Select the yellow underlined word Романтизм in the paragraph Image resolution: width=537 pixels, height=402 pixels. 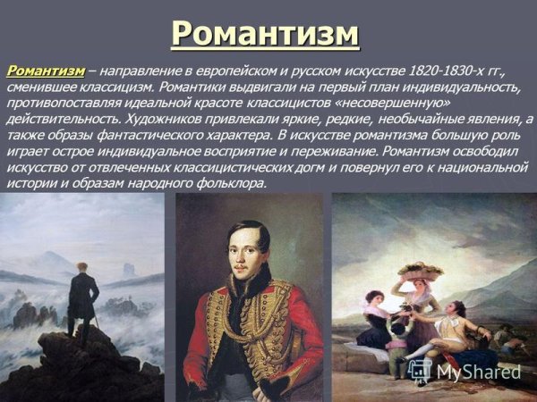[46, 70]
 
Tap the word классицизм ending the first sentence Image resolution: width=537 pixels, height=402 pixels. [114, 87]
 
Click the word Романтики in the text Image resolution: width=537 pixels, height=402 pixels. [185, 87]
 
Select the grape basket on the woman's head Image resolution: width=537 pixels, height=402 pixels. [421, 270]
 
